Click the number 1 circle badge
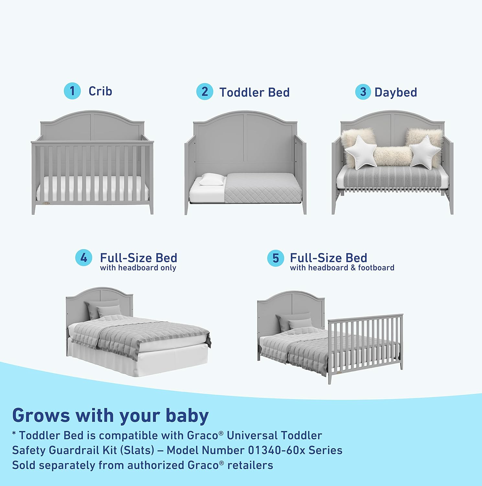(72, 91)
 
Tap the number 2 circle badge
(205, 92)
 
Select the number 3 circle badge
(363, 92)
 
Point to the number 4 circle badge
(84, 258)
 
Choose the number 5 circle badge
(275, 258)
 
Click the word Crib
(100, 91)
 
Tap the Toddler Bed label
(254, 92)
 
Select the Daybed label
(396, 92)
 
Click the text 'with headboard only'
(138, 268)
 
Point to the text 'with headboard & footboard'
(342, 268)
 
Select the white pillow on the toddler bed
(212, 179)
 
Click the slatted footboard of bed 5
(366, 343)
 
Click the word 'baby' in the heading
(187, 415)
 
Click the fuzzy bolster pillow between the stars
(392, 156)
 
